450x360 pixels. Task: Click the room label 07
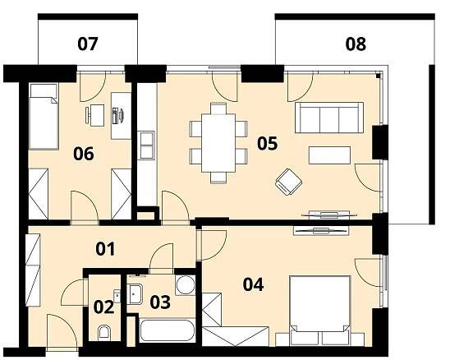click(x=88, y=44)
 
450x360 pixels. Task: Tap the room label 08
click(x=356, y=44)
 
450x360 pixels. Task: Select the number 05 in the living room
click(x=268, y=144)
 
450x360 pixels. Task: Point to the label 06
click(x=84, y=154)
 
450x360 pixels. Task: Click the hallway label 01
click(x=105, y=249)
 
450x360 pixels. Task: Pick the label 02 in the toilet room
click(x=104, y=307)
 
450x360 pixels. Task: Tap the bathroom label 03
click(x=160, y=302)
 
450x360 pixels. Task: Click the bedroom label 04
click(x=253, y=284)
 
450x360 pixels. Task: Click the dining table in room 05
click(x=218, y=143)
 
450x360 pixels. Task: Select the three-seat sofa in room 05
click(x=329, y=118)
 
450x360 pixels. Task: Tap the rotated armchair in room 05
click(x=288, y=182)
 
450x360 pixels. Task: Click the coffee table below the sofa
click(x=329, y=155)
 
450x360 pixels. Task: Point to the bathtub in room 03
click(x=168, y=330)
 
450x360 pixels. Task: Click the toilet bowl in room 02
click(x=104, y=333)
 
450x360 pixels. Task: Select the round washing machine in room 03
click(x=185, y=285)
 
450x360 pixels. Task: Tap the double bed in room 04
click(x=320, y=311)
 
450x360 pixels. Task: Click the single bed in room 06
click(x=44, y=117)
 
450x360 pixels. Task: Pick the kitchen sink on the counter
click(x=147, y=145)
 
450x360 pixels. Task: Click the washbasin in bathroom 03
click(x=135, y=294)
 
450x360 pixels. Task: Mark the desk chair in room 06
click(x=95, y=115)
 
